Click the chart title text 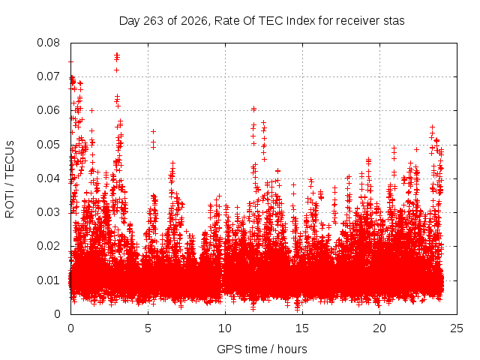262,21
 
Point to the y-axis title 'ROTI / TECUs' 10,179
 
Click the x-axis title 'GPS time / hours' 262,349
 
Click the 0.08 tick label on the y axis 48,43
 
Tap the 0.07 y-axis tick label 48,76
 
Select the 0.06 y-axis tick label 48,110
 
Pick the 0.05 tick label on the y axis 48,145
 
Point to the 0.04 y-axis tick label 48,178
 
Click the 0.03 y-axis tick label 48,212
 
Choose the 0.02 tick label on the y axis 48,246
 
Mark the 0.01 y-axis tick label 48,280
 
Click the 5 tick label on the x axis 148,328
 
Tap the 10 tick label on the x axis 225,328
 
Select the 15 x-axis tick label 302,328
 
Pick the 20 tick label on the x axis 379,328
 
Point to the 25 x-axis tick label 457,328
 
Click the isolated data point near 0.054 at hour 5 153,132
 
